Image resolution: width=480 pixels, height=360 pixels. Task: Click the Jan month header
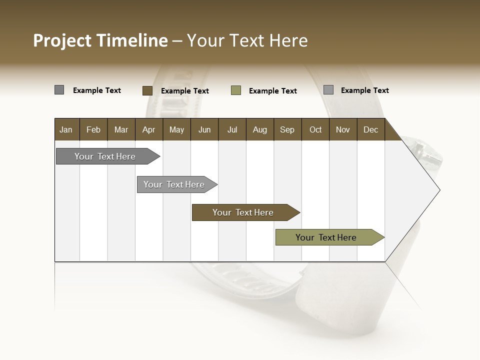tap(66, 129)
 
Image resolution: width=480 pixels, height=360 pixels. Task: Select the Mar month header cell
tap(121, 129)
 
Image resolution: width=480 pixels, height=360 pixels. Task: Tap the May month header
tap(176, 129)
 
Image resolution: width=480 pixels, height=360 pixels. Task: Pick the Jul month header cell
tap(232, 129)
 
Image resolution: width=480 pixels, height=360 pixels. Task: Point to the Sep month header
tap(287, 129)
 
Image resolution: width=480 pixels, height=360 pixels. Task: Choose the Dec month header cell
tap(370, 129)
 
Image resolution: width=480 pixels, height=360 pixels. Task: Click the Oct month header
tap(315, 129)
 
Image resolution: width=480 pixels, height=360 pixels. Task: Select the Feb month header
tap(93, 129)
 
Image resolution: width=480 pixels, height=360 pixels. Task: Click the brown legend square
tap(147, 90)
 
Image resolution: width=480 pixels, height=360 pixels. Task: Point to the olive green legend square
tap(236, 90)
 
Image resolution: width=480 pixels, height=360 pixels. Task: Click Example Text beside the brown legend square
tap(185, 91)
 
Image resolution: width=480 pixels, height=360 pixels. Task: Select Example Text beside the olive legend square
tap(273, 91)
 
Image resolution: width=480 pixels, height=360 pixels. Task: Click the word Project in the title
tap(62, 40)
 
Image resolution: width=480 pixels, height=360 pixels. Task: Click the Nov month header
tap(343, 129)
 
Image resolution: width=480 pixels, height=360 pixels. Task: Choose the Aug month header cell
tap(259, 129)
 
